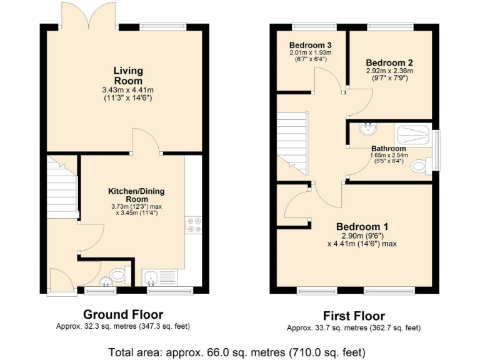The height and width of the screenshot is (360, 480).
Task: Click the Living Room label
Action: pyautogui.click(x=127, y=76)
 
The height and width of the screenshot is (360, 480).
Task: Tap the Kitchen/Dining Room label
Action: pyautogui.click(x=137, y=194)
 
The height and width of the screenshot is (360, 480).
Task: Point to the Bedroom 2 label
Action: pyautogui.click(x=389, y=63)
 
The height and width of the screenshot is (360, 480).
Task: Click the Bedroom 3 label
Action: pyautogui.click(x=310, y=45)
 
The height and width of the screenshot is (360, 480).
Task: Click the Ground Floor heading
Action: pyautogui.click(x=123, y=314)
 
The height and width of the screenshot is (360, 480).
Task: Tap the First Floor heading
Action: pyautogui.click(x=354, y=316)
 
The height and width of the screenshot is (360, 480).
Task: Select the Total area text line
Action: pyautogui.click(x=236, y=351)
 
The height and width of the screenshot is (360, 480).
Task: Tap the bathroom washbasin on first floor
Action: pyautogui.click(x=367, y=129)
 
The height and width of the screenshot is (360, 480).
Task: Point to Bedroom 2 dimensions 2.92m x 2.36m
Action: pyautogui.click(x=389, y=71)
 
